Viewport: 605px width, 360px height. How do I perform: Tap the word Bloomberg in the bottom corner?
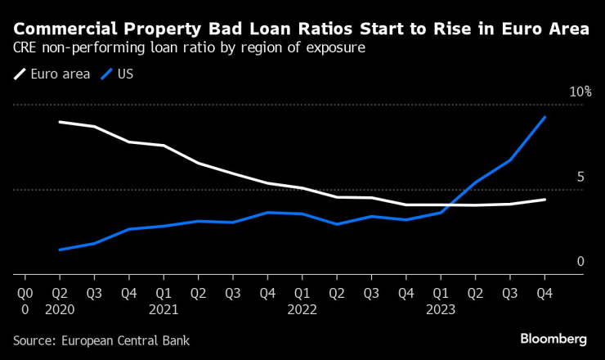pos(553,338)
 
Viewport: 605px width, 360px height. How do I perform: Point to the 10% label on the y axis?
pos(580,92)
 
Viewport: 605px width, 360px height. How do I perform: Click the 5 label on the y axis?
pos(580,177)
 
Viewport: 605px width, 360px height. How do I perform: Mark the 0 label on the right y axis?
pos(580,262)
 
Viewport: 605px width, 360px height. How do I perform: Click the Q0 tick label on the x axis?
pos(25,291)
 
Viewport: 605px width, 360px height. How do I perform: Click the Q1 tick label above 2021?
pos(164,291)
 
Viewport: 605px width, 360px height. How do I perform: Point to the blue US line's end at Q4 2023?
pos(545,117)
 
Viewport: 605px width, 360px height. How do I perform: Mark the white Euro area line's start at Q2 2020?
pos(60,122)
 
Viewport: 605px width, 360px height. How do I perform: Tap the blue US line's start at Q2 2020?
pos(60,250)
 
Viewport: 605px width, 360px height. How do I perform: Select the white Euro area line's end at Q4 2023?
pos(545,200)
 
